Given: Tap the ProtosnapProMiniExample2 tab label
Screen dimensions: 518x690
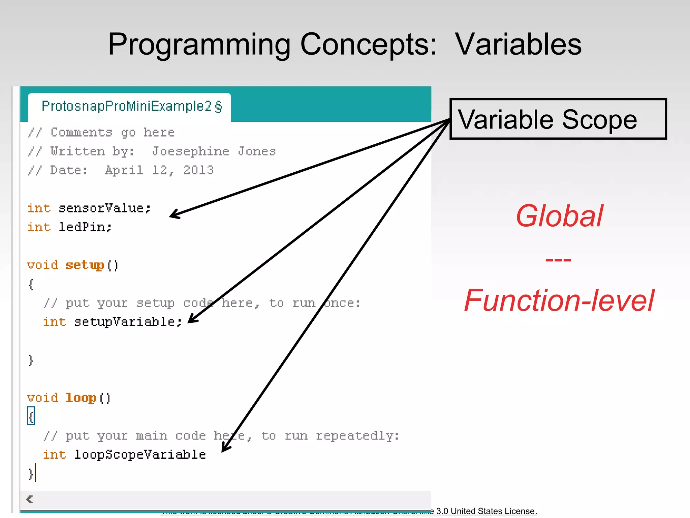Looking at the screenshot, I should point(126,106).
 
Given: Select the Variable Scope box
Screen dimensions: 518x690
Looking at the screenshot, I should point(558,119).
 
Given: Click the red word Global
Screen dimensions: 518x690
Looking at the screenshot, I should point(559,216).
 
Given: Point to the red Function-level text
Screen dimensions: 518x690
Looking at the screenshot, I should point(559,300).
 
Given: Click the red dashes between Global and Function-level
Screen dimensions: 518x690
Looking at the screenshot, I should point(558,260).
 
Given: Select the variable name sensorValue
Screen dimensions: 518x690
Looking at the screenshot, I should point(101,208).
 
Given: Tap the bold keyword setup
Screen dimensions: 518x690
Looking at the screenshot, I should point(84,265).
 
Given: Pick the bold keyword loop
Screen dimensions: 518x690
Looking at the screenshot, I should point(81,398).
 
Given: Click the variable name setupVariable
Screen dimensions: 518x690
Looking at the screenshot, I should point(125,322).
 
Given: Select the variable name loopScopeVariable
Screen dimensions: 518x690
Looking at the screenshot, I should point(140,454).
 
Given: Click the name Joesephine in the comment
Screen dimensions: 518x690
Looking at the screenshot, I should point(190,151).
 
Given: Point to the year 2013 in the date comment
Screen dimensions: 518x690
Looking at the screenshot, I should point(198,170).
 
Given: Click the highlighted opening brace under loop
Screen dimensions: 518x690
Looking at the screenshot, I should point(31,416).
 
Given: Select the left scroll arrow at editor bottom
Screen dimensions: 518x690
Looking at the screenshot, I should point(30,499).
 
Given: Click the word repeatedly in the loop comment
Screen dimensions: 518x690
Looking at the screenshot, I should point(357,436).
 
